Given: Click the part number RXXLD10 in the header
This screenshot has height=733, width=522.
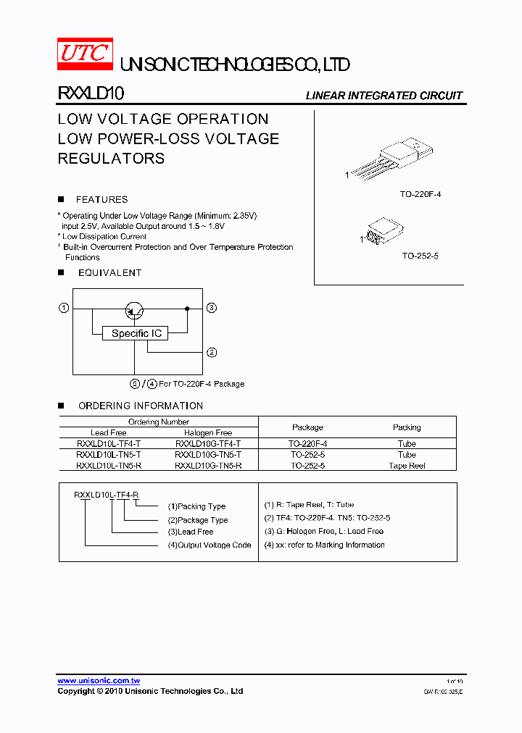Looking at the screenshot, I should [91, 93].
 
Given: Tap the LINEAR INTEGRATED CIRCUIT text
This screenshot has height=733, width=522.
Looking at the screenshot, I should [384, 96].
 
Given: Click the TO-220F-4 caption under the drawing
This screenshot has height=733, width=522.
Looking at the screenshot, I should [420, 195].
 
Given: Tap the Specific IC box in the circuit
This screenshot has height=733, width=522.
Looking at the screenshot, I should [136, 333].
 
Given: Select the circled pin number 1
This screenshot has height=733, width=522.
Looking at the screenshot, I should [64, 308].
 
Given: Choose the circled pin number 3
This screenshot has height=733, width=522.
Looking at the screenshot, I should [212, 308].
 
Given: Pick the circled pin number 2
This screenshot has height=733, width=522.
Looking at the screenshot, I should [212, 353].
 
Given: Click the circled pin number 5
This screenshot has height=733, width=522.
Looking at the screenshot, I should [134, 383].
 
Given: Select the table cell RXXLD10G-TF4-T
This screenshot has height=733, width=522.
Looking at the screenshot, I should [208, 443].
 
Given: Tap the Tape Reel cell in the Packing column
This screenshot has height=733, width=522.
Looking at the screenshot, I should [407, 466].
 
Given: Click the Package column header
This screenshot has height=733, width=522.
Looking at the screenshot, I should [307, 427].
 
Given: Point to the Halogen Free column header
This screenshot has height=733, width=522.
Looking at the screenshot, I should [208, 432].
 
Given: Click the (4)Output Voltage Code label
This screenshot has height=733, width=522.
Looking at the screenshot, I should [210, 545].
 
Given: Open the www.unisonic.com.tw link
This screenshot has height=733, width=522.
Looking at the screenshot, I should [99, 681].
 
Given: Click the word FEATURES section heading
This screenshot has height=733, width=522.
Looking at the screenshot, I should [101, 199].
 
